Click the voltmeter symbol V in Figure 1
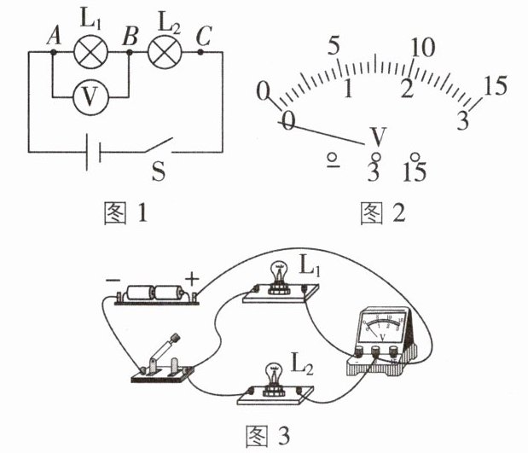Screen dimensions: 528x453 (91, 97)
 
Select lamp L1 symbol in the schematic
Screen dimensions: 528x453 (91, 52)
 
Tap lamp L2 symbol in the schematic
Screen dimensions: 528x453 (165, 52)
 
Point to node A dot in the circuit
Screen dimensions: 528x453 (53, 52)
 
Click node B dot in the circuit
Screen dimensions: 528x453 (129, 52)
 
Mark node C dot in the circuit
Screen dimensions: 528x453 (200, 52)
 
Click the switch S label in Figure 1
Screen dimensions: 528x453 (159, 171)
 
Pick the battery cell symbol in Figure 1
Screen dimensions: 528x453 (94, 152)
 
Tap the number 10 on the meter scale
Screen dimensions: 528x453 (423, 47)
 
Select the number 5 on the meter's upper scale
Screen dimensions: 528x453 (334, 45)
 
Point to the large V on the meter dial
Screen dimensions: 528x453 (378, 136)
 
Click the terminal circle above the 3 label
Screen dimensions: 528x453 (375, 157)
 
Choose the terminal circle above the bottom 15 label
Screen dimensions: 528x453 (415, 157)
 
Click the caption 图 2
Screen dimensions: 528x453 (383, 213)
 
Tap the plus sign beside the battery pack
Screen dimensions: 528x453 (192, 279)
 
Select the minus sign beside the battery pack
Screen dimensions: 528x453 (113, 280)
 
